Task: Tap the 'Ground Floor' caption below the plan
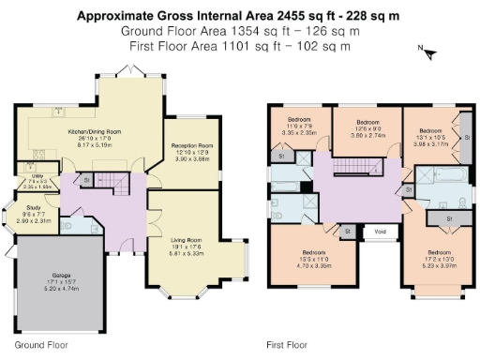pos(40,344)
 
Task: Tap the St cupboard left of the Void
pos(347,230)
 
